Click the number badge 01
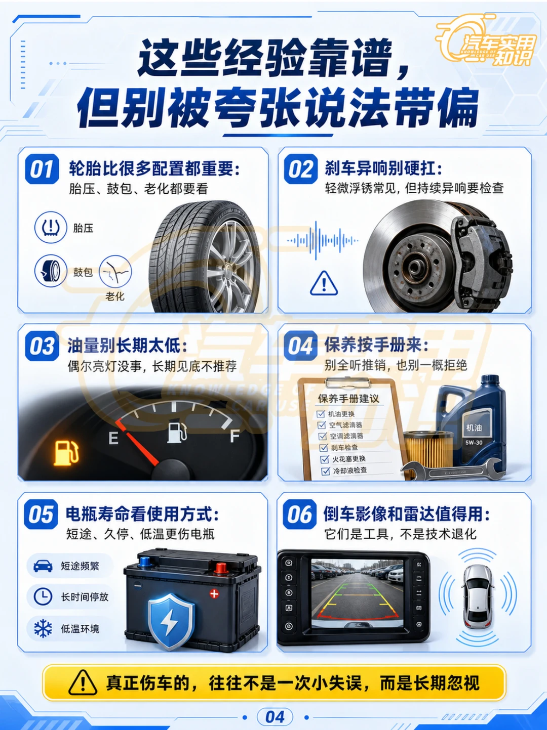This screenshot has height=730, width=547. pyautogui.click(x=42, y=169)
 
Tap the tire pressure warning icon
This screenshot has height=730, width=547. pyautogui.click(x=51, y=227)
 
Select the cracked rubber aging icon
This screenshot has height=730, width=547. pyautogui.click(x=115, y=271)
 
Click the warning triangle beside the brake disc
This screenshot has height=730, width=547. pyautogui.click(x=324, y=283)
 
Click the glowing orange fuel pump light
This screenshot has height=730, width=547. pyautogui.click(x=66, y=453)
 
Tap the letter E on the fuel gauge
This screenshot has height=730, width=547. pyautogui.click(x=113, y=438)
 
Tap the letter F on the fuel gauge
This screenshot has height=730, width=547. pyautogui.click(x=235, y=436)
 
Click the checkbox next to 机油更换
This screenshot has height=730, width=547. pyautogui.click(x=321, y=414)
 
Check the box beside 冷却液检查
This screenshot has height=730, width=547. pyautogui.click(x=326, y=471)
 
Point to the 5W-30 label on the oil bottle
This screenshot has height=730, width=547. pyautogui.click(x=474, y=443)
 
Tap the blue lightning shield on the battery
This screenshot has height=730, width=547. pyautogui.click(x=171, y=622)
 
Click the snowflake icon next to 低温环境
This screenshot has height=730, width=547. pyautogui.click(x=43, y=628)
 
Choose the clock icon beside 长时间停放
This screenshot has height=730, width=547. pyautogui.click(x=43, y=596)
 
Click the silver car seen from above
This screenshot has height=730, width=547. pyautogui.click(x=477, y=596)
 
